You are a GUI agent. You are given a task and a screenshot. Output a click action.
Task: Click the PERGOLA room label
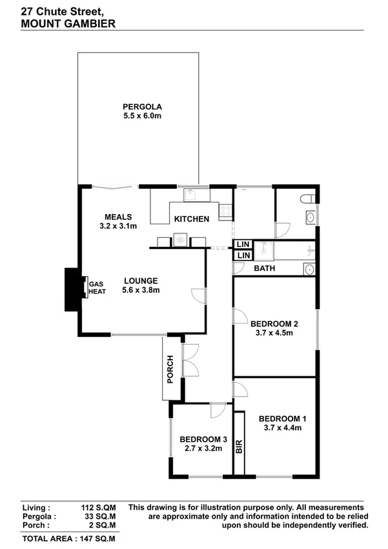[141, 107]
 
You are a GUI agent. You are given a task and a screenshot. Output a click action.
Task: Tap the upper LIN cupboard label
[242, 244]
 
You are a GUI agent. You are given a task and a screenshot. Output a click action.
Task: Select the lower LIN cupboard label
[242, 256]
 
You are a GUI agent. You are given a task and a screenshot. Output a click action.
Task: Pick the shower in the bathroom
[265, 250]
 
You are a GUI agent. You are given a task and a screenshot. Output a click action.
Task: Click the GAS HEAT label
[96, 288]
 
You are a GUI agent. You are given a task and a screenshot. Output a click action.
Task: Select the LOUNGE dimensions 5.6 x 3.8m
[141, 290]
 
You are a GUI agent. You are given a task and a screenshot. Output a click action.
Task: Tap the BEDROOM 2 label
[274, 324]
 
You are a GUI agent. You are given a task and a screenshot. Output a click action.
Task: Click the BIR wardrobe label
[239, 447]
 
